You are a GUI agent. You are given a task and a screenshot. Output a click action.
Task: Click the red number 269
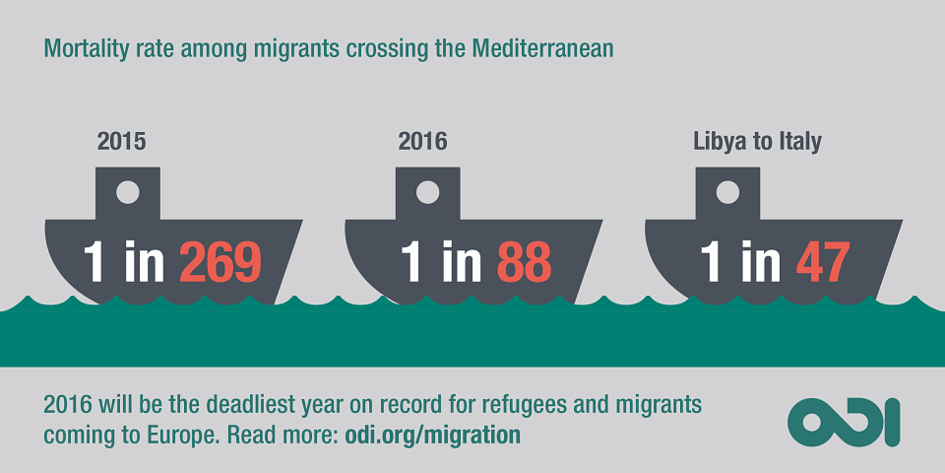tap(220, 262)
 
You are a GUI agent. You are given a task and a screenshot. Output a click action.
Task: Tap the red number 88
tap(524, 262)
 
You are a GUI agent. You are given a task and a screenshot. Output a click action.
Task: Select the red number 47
tap(823, 262)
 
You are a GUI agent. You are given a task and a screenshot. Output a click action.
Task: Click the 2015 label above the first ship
tap(122, 142)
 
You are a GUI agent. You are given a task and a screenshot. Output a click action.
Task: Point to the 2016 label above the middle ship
tap(422, 142)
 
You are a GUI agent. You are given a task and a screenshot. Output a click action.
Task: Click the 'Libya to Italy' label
tap(757, 142)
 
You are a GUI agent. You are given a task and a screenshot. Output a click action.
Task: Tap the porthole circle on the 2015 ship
tap(128, 192)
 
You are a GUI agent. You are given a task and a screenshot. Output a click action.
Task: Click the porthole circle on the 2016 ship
tap(428, 192)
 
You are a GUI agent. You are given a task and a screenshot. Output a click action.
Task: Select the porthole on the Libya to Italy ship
tap(727, 192)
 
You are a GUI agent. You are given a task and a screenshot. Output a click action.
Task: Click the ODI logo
tap(844, 423)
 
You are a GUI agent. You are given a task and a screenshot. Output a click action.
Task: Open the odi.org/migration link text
tap(433, 435)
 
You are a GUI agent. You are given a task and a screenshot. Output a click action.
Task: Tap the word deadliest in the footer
tap(253, 405)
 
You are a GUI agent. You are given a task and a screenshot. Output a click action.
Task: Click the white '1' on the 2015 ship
tap(94, 262)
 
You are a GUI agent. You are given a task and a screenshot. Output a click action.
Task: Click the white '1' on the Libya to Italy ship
tap(710, 262)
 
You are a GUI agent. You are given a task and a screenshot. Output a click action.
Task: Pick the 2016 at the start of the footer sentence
tap(66, 405)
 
